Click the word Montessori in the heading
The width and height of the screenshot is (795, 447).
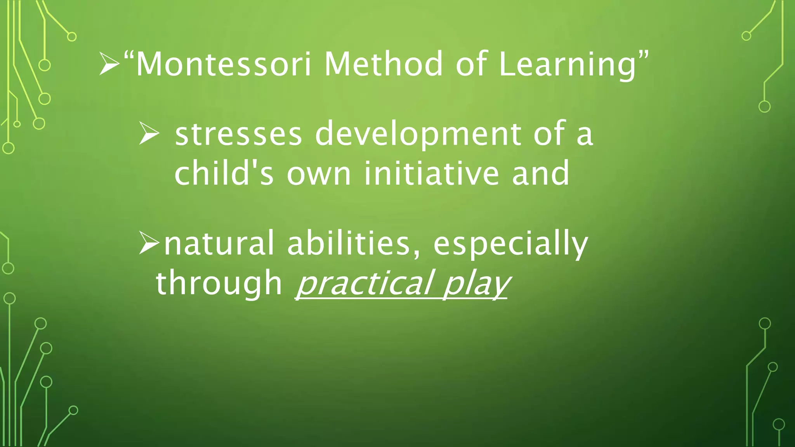point(223,64)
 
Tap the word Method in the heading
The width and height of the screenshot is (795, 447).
point(383,64)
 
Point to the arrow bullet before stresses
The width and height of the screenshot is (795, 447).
point(149,133)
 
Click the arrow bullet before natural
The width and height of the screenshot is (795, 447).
point(149,243)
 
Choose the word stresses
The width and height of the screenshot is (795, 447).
point(238,134)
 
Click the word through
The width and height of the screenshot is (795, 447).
point(219,284)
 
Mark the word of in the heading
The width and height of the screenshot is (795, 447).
point(470,64)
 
